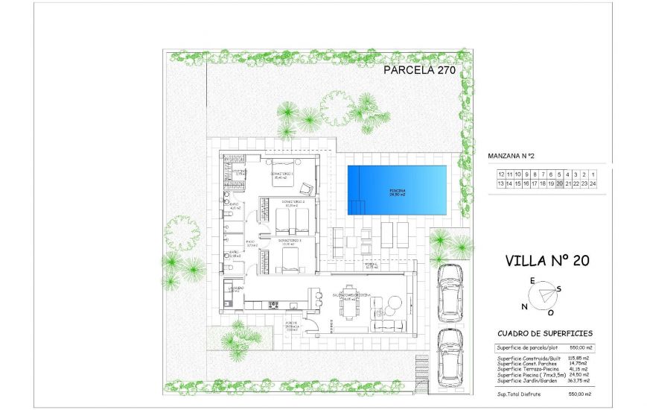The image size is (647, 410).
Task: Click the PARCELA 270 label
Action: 418,71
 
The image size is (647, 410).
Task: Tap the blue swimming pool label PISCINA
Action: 398,192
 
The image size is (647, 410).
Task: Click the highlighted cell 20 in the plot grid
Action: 559,183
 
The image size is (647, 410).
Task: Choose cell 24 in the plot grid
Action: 593,183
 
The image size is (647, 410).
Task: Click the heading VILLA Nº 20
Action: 546,260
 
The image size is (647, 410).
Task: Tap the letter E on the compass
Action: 532,280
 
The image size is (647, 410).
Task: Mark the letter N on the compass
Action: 525,306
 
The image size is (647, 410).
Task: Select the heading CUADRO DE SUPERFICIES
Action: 544,333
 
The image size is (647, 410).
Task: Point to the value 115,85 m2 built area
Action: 579,359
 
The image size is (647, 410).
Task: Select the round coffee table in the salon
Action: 392,305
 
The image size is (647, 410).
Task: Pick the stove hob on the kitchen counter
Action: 273,303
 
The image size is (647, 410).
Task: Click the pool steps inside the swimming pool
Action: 360,205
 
